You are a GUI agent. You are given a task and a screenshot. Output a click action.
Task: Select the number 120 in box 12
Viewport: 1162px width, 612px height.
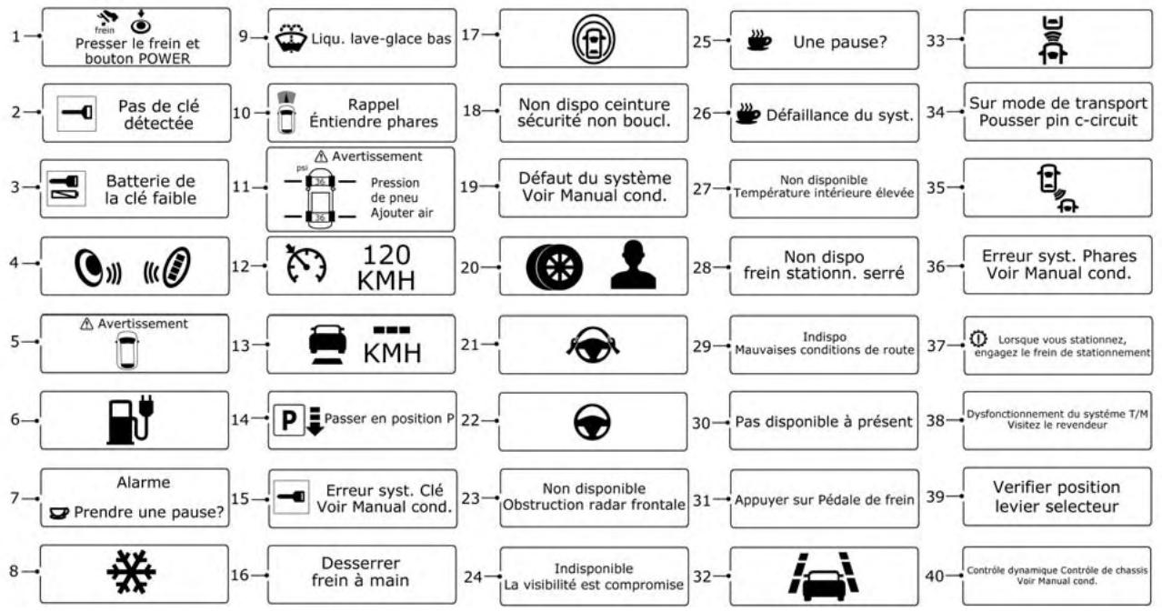pos(387,255)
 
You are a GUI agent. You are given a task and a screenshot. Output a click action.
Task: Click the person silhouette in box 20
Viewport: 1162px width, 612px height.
pos(633,266)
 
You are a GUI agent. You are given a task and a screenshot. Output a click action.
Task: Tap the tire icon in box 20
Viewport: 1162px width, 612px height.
pos(550,266)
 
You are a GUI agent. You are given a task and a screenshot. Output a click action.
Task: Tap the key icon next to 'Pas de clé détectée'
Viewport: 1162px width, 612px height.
pos(71,113)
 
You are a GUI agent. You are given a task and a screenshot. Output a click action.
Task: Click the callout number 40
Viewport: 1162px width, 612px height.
pos(933,575)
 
